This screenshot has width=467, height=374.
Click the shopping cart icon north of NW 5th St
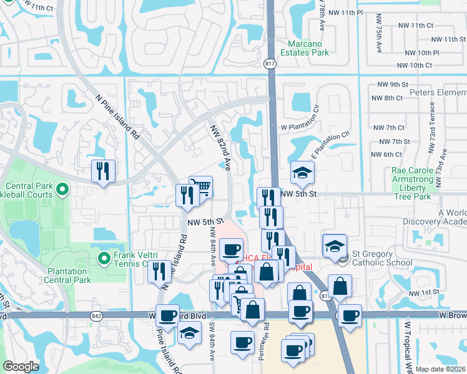[200, 186]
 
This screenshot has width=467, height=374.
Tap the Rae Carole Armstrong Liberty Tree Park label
[412, 183]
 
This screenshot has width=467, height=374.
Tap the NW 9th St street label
[393, 84]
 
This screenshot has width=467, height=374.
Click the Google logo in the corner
[21, 366]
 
